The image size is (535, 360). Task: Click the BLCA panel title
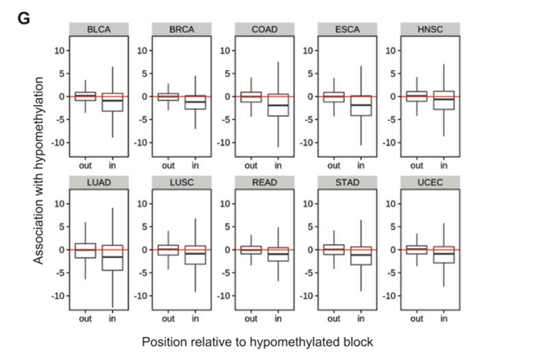coord(98,29)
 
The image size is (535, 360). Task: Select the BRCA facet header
coord(181,29)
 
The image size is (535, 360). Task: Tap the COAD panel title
coord(264,29)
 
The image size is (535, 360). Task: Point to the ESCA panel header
coord(347,29)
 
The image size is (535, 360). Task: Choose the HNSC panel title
coord(430,29)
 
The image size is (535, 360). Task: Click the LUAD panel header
coord(98,183)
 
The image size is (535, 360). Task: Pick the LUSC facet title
coord(181,183)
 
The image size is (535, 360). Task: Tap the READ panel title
coord(264,183)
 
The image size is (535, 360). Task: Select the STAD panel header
coord(347,183)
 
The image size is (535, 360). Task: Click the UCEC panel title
coord(430,183)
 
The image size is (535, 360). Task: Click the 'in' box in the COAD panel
coord(278,105)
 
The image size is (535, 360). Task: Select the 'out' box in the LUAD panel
coord(85,250)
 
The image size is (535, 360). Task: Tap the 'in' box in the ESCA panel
coord(361,104)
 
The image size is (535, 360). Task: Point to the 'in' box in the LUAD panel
coord(112,257)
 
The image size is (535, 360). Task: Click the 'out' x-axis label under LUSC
coord(168,319)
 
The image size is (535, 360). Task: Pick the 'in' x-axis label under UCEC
coord(443,319)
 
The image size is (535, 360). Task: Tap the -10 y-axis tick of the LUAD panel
coord(58,296)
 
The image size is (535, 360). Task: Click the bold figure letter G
coord(24,17)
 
